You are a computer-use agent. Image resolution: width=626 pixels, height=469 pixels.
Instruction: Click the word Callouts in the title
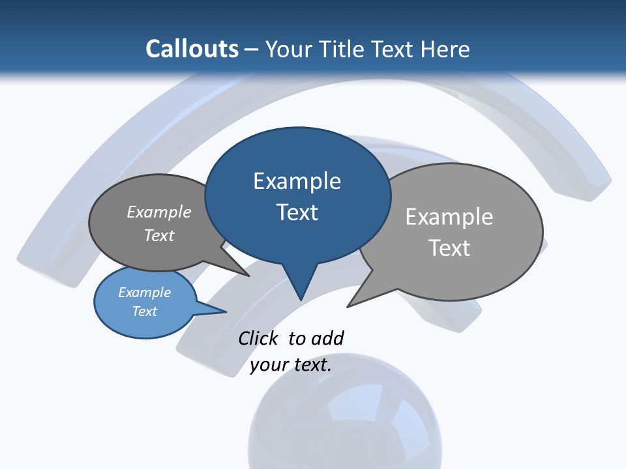click(x=192, y=49)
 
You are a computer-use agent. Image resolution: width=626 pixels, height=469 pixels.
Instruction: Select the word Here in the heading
click(x=446, y=49)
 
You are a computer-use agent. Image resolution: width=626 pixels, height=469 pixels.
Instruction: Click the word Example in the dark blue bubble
click(x=297, y=181)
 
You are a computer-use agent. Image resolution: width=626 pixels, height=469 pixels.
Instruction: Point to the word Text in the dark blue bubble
click(x=297, y=212)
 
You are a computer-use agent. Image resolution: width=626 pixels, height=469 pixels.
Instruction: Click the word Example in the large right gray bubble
click(x=449, y=217)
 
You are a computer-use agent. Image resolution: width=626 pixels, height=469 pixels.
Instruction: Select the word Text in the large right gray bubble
click(x=449, y=248)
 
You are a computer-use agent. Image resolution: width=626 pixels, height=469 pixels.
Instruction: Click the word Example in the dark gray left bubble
click(x=159, y=212)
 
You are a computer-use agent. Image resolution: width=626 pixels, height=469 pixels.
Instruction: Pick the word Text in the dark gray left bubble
click(x=159, y=235)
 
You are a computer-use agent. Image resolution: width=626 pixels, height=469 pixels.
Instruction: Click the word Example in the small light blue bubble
click(x=144, y=292)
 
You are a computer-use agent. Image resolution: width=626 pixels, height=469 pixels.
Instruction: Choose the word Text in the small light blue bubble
click(x=144, y=311)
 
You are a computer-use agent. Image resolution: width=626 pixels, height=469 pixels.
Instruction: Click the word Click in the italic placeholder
click(x=258, y=338)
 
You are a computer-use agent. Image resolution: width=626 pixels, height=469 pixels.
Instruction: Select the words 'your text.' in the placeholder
click(x=291, y=365)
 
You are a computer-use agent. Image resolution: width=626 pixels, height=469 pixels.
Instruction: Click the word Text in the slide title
click(x=394, y=49)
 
